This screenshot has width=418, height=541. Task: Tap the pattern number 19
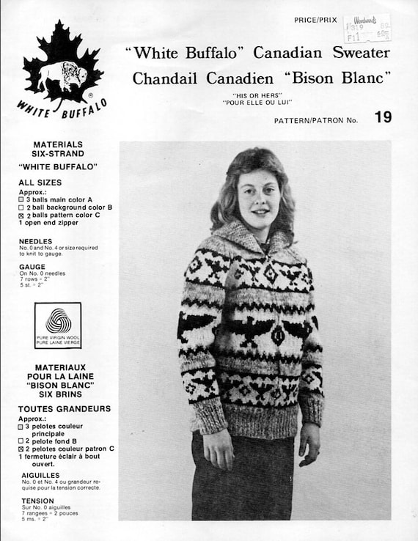click(x=382, y=117)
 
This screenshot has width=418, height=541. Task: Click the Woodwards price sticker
click(x=367, y=29)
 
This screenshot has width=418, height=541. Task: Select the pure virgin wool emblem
click(x=58, y=324)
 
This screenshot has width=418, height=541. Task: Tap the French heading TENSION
click(x=37, y=501)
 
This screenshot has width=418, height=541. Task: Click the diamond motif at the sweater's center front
click(x=278, y=334)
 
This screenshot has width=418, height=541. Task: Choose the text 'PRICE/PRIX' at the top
click(x=316, y=20)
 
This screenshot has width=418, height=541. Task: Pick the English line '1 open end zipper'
click(x=51, y=225)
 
